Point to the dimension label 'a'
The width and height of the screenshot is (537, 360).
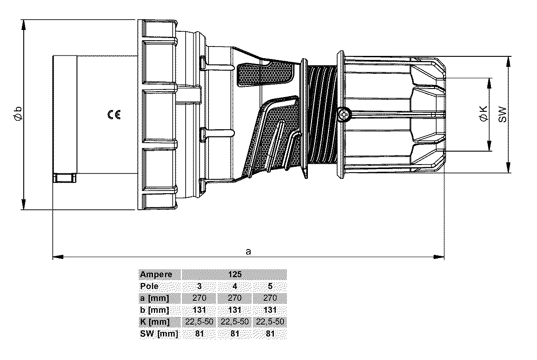point(249,251)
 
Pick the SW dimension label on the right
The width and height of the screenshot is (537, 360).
point(503,114)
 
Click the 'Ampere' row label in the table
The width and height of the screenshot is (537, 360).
point(156,275)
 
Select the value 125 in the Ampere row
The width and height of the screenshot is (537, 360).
point(235,275)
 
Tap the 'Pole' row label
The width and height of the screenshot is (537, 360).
point(149,287)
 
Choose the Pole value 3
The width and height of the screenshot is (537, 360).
point(199,287)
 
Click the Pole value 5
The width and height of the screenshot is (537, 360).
point(270,287)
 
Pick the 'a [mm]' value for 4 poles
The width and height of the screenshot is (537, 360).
point(235,298)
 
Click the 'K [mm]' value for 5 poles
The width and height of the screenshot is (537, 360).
point(270,322)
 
